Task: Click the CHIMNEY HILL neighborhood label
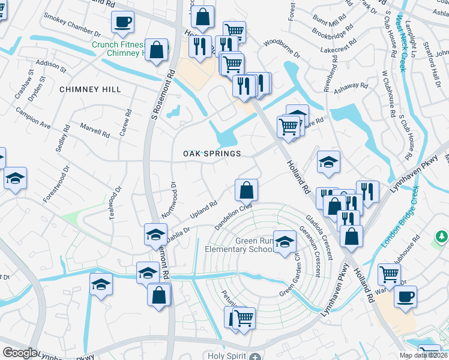(x=90, y=89)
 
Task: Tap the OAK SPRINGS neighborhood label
(x=212, y=154)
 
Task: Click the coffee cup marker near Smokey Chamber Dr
(x=122, y=22)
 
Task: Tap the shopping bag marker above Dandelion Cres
(x=247, y=190)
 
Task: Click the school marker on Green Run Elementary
(x=285, y=242)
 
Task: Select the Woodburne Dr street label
(x=282, y=49)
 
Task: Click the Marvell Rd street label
(x=94, y=130)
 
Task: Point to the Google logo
(x=20, y=353)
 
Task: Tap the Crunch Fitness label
(x=119, y=44)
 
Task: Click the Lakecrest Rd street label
(x=339, y=50)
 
